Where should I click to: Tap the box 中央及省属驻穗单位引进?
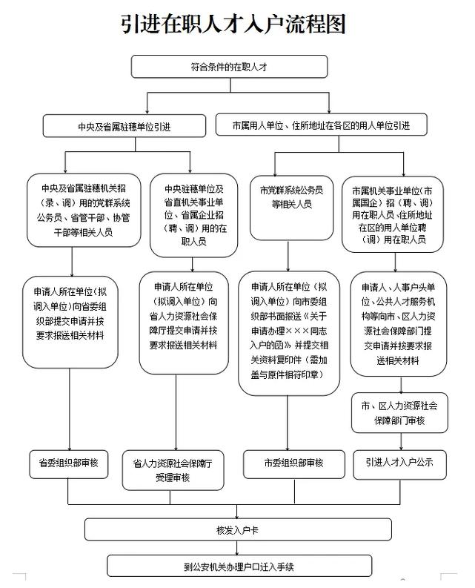[x=124, y=126]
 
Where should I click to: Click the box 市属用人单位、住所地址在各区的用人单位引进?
[x=321, y=124]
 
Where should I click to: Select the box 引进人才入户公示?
[x=399, y=463]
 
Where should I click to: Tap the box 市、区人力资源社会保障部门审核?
[x=399, y=412]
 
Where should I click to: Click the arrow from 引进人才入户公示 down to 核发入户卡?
[x=399, y=497]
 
